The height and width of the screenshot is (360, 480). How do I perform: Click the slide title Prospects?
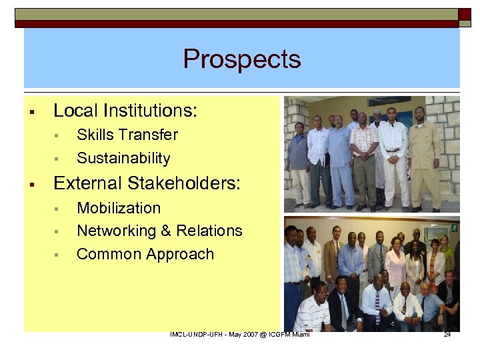pos(242,59)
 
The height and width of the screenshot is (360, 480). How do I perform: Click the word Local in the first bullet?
pos(76,111)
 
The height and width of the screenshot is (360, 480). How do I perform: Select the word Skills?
pos(95,135)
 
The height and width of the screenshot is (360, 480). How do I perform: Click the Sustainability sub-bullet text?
pos(123,159)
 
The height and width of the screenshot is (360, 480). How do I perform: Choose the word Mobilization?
pos(119,208)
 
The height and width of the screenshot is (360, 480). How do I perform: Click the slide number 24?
pos(447,334)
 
